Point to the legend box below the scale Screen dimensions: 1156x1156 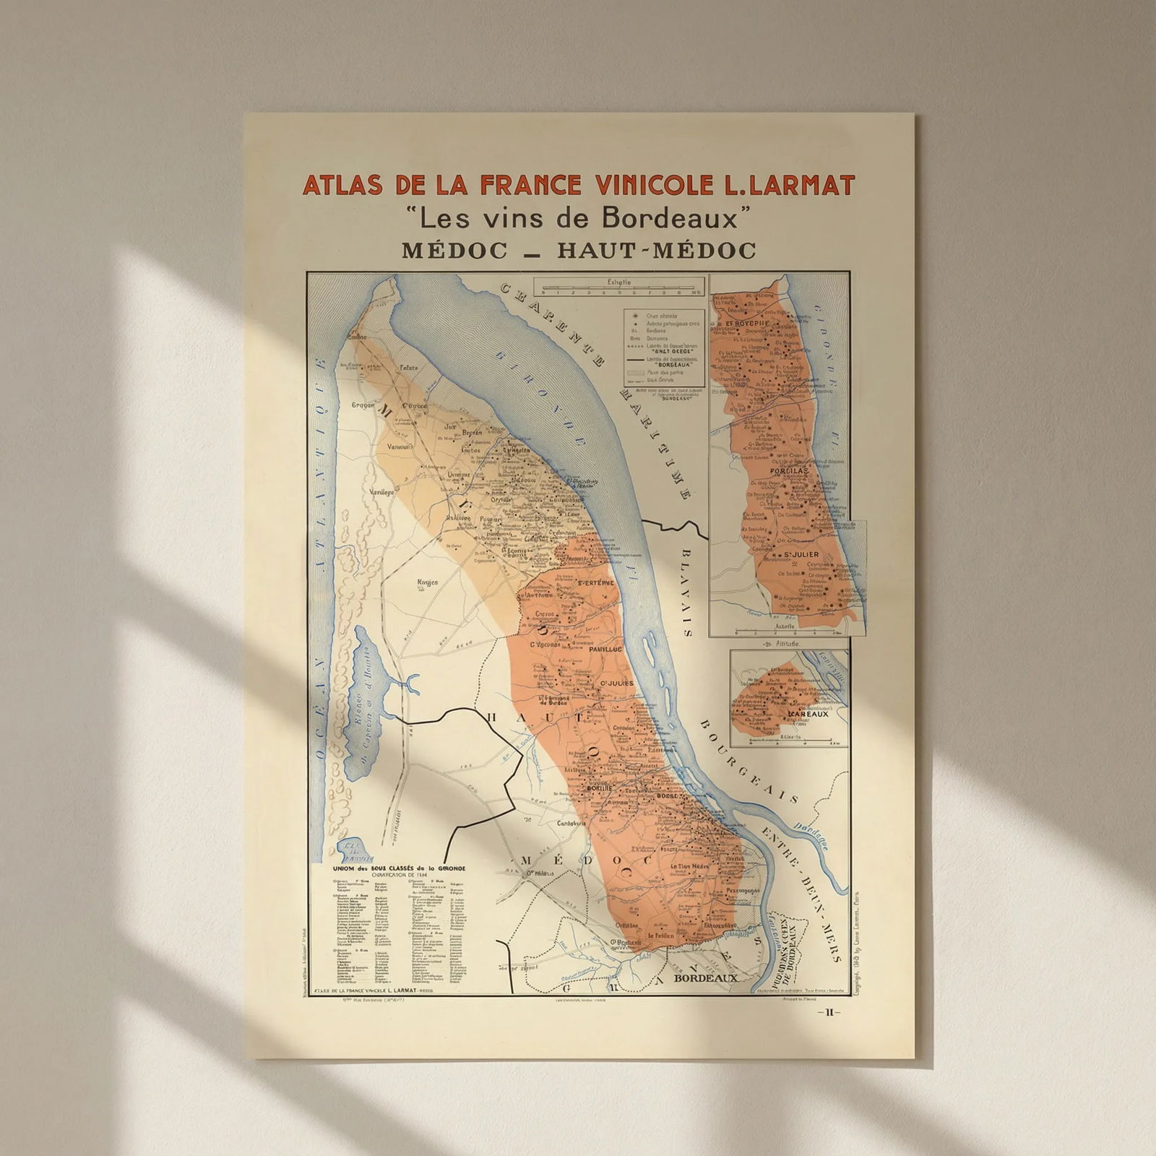click(x=664, y=346)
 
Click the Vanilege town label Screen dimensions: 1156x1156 click(x=381, y=491)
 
